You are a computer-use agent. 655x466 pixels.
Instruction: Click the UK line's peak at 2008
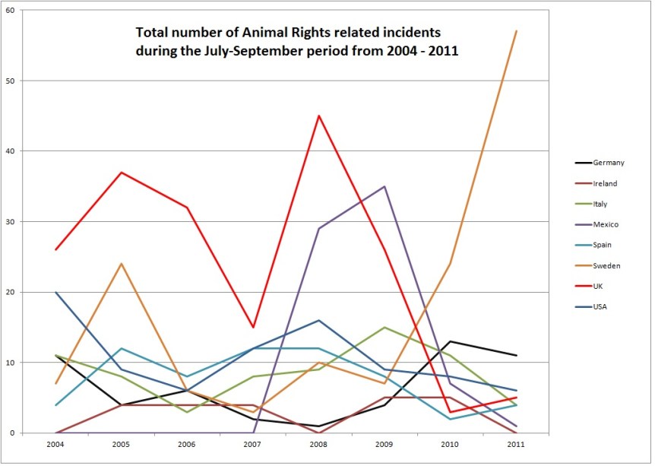(319, 116)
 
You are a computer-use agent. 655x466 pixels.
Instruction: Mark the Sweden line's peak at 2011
(516, 31)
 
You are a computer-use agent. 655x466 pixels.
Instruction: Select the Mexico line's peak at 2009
(385, 186)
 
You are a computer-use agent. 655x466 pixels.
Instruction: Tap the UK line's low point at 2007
(254, 327)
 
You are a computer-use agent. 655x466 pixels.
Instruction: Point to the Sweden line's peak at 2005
(122, 264)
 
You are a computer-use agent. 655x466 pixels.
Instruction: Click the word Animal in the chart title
(246, 33)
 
